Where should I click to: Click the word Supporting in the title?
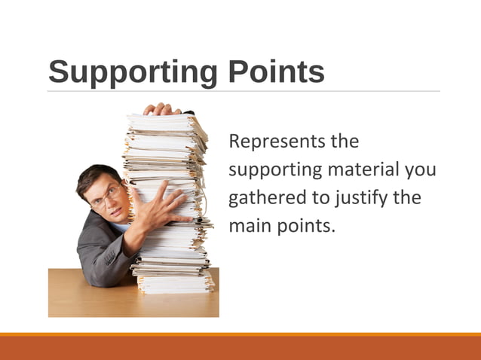pyautogui.click(x=130, y=73)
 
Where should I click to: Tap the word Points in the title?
pyautogui.click(x=274, y=72)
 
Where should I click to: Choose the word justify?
pyautogui.click(x=359, y=199)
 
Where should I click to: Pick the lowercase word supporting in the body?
pyautogui.click(x=274, y=170)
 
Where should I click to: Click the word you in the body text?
pyautogui.click(x=421, y=170)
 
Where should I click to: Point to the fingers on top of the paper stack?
pyautogui.click(x=161, y=109)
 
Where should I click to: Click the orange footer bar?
pyautogui.click(x=240, y=347)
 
